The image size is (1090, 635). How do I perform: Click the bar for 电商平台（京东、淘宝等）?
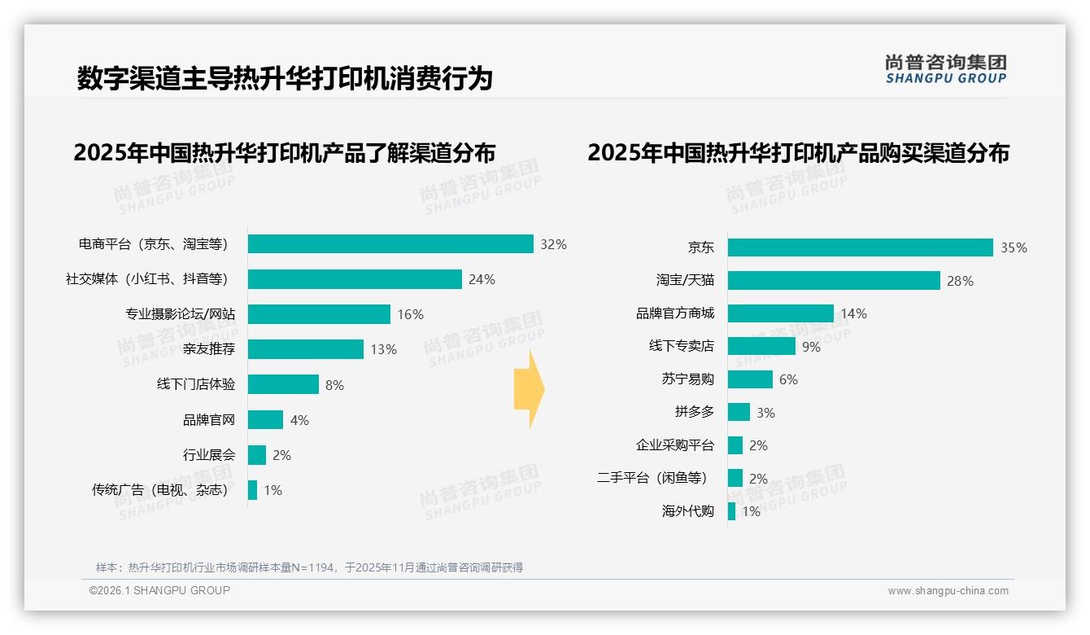tap(390, 244)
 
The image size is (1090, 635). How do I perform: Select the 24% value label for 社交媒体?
tap(482, 280)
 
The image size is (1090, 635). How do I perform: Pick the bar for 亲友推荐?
tap(306, 349)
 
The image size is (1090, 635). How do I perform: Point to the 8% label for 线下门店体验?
tap(334, 385)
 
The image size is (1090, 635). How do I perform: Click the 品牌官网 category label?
tap(209, 420)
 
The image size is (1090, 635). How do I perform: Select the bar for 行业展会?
tap(257, 455)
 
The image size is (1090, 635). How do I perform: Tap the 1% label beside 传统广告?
tap(272, 490)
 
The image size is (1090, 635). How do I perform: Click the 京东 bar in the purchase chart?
tap(860, 247)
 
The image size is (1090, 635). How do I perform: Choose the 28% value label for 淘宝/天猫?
tap(960, 281)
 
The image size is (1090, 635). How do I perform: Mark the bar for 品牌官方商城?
tap(780, 313)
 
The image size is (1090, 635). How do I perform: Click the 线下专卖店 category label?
tap(682, 346)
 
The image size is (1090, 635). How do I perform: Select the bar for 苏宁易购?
tap(750, 379)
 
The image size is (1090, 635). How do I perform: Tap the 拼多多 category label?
tap(695, 412)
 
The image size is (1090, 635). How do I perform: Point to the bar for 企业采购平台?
tap(735, 445)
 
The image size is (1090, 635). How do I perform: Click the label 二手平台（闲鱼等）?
tap(652, 479)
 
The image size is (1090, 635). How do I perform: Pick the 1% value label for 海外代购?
tap(750, 512)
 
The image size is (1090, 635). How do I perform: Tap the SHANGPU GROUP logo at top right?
tap(946, 69)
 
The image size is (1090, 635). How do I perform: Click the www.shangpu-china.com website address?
tap(948, 591)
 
